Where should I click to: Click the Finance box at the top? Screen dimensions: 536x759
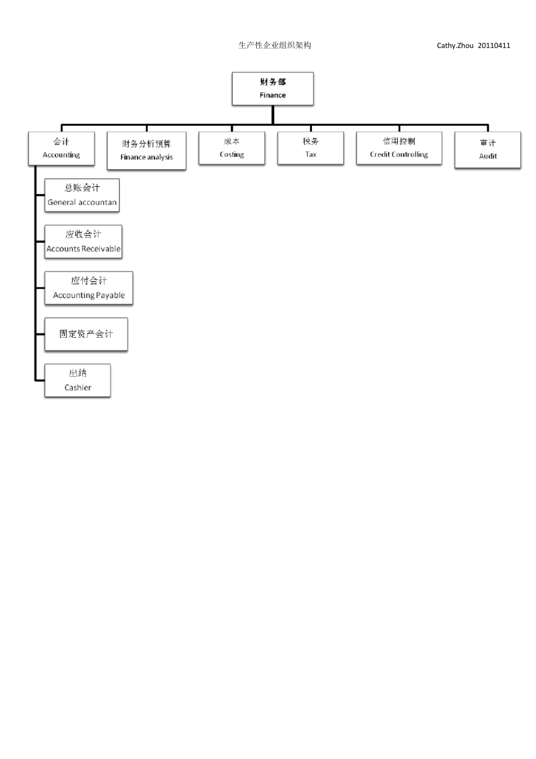[x=273, y=89]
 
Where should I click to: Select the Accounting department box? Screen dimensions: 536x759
[x=61, y=149]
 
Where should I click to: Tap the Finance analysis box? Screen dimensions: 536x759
[x=147, y=151]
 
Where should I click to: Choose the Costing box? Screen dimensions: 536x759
[x=231, y=148]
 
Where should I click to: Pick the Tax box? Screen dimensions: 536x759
[x=310, y=148]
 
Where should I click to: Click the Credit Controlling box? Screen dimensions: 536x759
[x=399, y=148]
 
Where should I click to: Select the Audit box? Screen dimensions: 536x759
[x=487, y=150]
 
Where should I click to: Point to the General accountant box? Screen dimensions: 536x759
[x=82, y=195]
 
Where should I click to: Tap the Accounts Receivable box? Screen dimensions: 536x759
[x=84, y=242]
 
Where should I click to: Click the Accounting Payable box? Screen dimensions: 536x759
[x=89, y=288]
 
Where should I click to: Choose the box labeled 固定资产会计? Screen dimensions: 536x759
[x=86, y=334]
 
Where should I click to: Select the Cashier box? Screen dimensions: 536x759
[x=77, y=381]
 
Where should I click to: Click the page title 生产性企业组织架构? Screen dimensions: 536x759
[x=275, y=45]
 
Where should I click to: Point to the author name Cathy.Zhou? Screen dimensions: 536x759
[x=455, y=46]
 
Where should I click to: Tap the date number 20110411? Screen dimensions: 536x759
[x=494, y=46]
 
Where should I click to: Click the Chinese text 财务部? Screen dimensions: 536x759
[x=273, y=82]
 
